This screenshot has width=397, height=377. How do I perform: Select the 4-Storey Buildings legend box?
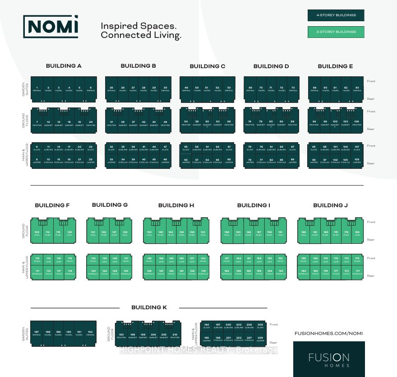pyautogui.click(x=336, y=15)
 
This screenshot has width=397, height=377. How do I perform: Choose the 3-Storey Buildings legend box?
pyautogui.click(x=336, y=32)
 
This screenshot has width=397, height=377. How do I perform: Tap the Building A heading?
pyautogui.click(x=64, y=66)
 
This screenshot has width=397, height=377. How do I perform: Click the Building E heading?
pyautogui.click(x=335, y=66)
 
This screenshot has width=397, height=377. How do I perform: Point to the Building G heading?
pyautogui.click(x=110, y=205)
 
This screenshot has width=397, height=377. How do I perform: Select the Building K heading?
pyautogui.click(x=149, y=307)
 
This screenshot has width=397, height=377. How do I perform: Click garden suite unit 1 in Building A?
pyautogui.click(x=37, y=89)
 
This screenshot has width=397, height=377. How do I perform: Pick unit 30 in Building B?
pyautogui.click(x=166, y=89)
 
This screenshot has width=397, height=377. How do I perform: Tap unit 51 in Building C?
pyautogui.click(x=207, y=89)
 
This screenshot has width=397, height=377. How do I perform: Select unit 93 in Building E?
pyautogui.click(x=357, y=89)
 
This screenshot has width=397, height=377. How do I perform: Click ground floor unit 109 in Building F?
pyautogui.click(x=37, y=233)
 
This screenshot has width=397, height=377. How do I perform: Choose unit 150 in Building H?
pyautogui.click(x=149, y=233)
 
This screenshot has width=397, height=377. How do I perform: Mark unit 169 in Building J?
pyautogui.click(x=357, y=233)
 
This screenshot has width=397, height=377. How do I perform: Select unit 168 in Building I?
pyautogui.click(x=226, y=233)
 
